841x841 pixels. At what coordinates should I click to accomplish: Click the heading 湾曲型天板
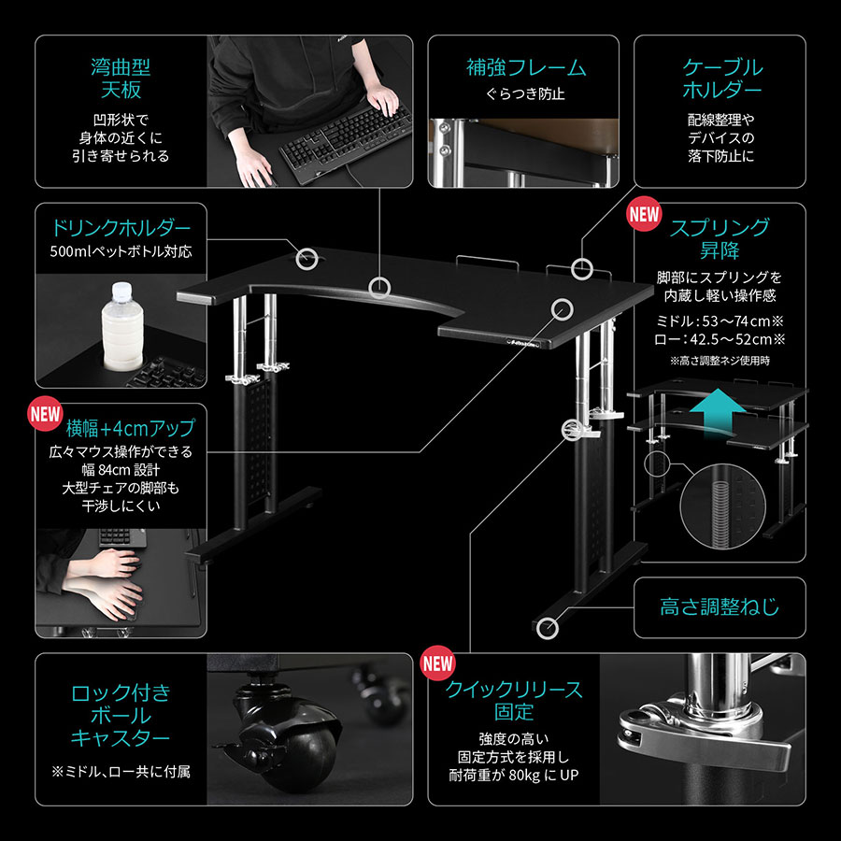121,78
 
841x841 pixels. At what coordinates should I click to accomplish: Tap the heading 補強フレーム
525,68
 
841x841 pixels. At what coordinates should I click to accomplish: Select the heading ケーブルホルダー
722,78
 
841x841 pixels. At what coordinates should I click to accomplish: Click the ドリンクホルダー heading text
121,228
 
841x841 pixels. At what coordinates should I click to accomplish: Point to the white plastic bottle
122,327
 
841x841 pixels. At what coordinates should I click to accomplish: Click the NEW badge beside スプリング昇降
644,214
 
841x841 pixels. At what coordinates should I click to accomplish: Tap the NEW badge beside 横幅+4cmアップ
45,414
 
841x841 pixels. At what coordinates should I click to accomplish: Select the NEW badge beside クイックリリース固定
437,663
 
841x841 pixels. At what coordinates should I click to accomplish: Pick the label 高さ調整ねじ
720,607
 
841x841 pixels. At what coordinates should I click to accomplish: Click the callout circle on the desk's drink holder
306,259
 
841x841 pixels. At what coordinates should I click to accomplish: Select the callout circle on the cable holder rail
581,269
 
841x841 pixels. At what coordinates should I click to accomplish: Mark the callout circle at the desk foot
547,628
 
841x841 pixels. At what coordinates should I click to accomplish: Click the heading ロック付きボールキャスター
121,716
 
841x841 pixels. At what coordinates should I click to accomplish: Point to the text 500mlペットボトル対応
121,251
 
